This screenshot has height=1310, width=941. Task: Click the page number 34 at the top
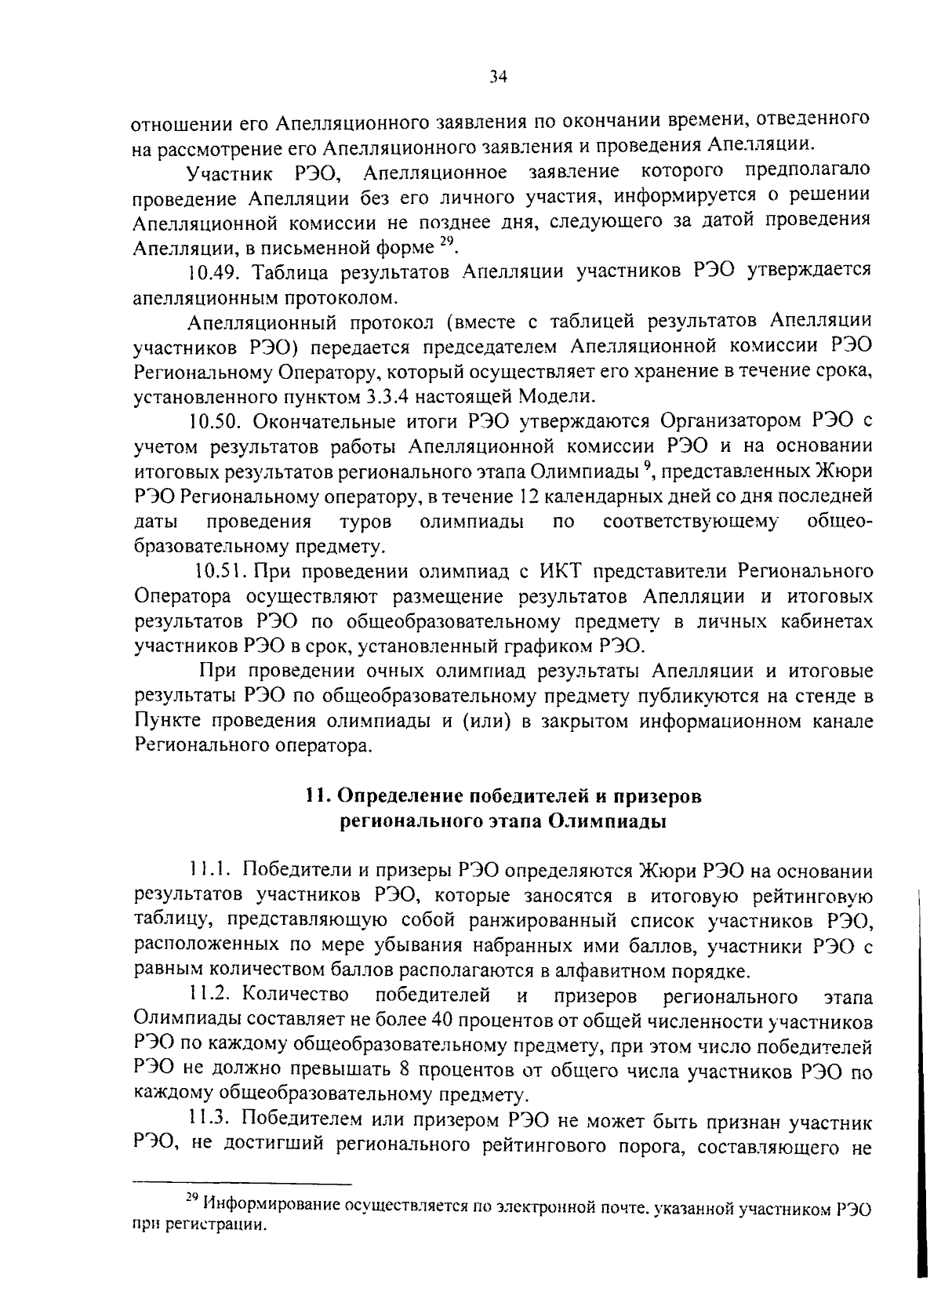[x=500, y=76]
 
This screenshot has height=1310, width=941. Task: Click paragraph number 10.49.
[x=213, y=272]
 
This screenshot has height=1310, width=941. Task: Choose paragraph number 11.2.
[x=212, y=997]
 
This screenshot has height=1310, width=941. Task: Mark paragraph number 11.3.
[x=213, y=1123]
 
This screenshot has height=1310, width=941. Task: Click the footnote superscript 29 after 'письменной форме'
[x=445, y=242]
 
